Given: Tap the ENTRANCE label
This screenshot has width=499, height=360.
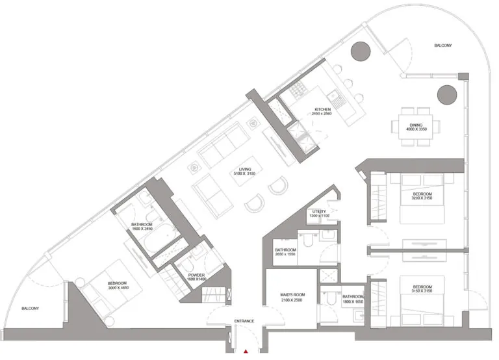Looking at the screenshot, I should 244,321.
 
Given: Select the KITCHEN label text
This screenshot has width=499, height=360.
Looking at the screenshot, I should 323,109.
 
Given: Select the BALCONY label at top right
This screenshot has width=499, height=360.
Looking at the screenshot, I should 443,45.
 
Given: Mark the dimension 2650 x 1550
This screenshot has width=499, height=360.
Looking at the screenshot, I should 286,255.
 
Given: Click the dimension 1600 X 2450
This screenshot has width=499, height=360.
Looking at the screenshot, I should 142,229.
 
